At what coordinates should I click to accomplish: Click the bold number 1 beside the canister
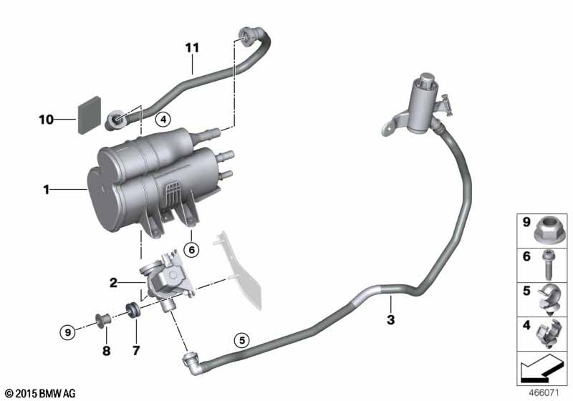click(46, 190)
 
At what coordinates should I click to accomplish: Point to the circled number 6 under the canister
click(191, 249)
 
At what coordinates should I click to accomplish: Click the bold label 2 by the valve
click(112, 283)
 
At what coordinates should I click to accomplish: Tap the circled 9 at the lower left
click(67, 332)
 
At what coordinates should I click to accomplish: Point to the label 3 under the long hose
click(390, 319)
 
